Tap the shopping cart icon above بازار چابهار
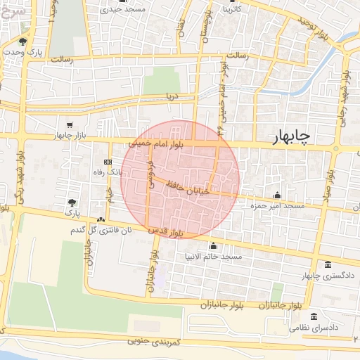68,124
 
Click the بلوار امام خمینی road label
156,143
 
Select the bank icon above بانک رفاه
107,162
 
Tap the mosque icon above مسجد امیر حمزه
277,195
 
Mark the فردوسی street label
150,174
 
